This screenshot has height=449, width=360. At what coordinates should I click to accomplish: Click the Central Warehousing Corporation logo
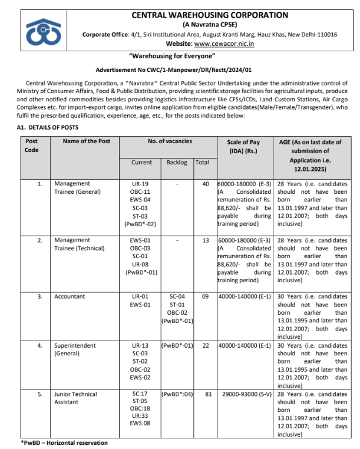(44, 31)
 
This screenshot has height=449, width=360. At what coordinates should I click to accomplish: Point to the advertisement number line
(180, 70)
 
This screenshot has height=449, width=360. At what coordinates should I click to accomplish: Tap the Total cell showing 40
(206, 184)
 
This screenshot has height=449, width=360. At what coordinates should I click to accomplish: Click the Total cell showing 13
(206, 240)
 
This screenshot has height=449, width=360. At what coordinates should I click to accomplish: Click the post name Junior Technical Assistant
(75, 398)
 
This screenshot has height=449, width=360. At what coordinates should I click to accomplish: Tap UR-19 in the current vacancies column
(140, 184)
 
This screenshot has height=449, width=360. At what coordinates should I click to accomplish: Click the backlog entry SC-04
(177, 296)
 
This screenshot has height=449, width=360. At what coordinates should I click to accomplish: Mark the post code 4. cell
(40, 345)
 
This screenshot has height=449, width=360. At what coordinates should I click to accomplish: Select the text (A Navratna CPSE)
(210, 25)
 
